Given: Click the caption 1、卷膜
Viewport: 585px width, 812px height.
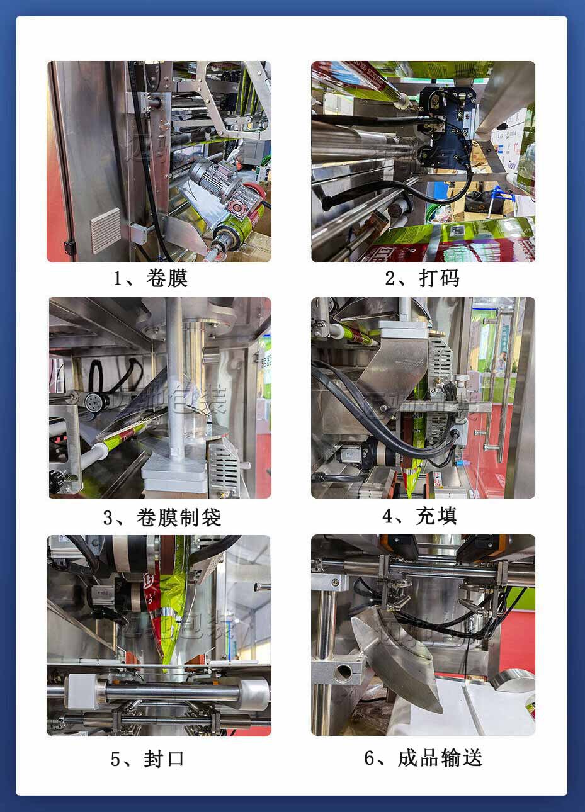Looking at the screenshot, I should tap(150, 278).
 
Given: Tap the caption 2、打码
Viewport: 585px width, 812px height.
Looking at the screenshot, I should tap(423, 278).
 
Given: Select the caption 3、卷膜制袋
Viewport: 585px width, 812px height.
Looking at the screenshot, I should tap(161, 517).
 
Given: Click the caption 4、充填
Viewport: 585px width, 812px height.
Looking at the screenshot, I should tap(419, 516).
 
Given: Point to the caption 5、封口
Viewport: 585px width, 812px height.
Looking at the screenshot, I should tap(147, 758).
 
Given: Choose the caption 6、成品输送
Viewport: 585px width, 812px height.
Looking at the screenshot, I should tap(423, 757).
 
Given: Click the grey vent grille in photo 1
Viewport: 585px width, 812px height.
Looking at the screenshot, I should tap(105, 230).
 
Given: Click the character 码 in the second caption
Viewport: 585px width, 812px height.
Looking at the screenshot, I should tap(449, 278).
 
